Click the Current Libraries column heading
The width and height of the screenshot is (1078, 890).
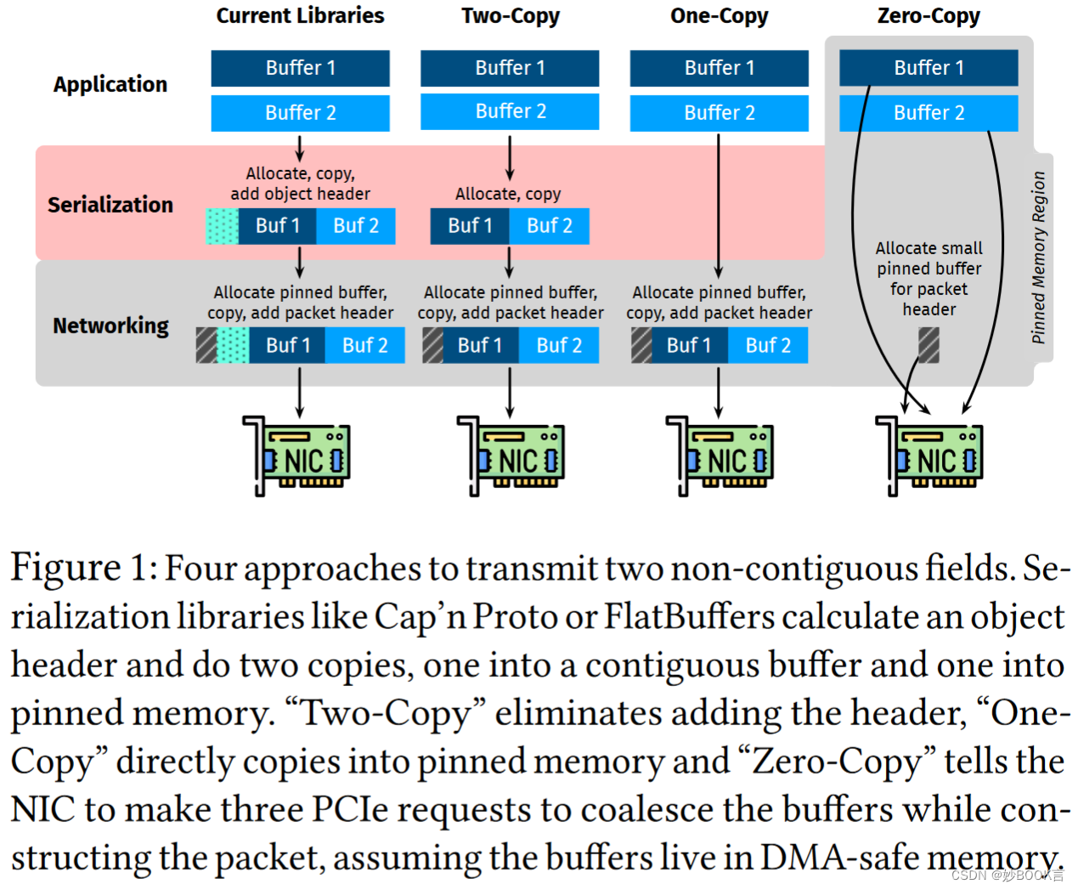pyautogui.click(x=300, y=15)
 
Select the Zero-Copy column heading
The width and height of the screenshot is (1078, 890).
pyautogui.click(x=928, y=15)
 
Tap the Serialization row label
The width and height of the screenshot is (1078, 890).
pyautogui.click(x=110, y=205)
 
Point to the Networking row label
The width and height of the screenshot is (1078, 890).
pyautogui.click(x=110, y=326)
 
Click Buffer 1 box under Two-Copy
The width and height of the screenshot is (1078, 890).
pyautogui.click(x=510, y=68)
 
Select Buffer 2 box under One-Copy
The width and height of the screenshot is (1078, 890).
pyautogui.click(x=719, y=113)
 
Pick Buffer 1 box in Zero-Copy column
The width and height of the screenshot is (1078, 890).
pyautogui.click(x=928, y=68)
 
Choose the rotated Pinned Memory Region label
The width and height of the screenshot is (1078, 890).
pyautogui.click(x=1038, y=258)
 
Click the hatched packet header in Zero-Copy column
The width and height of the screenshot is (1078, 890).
pyautogui.click(x=928, y=346)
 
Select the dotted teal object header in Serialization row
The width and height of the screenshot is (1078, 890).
pyautogui.click(x=223, y=226)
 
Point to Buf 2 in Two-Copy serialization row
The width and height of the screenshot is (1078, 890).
pyautogui.click(x=549, y=226)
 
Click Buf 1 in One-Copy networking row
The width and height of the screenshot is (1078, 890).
pyautogui.click(x=689, y=346)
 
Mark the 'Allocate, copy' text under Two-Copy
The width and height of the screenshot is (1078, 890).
pyautogui.click(x=508, y=194)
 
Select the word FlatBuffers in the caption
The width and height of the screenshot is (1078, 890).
pyautogui.click(x=689, y=617)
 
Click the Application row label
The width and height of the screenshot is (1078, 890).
pyautogui.click(x=110, y=84)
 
